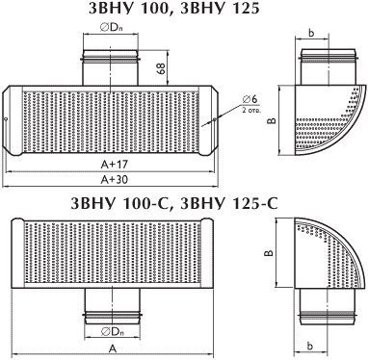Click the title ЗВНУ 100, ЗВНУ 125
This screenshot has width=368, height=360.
(x=174, y=9)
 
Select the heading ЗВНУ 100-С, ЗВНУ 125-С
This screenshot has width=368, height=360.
(x=174, y=204)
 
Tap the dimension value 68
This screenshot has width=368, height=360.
(x=162, y=68)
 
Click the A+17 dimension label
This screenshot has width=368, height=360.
(x=115, y=165)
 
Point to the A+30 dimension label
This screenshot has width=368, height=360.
(x=115, y=180)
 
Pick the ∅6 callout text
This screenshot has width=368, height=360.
(x=250, y=99)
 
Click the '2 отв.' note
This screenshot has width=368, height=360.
(x=251, y=111)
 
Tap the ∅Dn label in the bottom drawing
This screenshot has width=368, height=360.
(x=113, y=332)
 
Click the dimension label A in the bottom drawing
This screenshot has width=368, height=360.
(x=112, y=348)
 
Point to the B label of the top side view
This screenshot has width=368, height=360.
(x=272, y=120)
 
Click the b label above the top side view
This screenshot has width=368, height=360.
(x=311, y=33)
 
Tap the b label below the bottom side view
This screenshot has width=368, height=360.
(x=309, y=347)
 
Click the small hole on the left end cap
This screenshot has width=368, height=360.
(x=6, y=120)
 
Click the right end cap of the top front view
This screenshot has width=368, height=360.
(x=208, y=120)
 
